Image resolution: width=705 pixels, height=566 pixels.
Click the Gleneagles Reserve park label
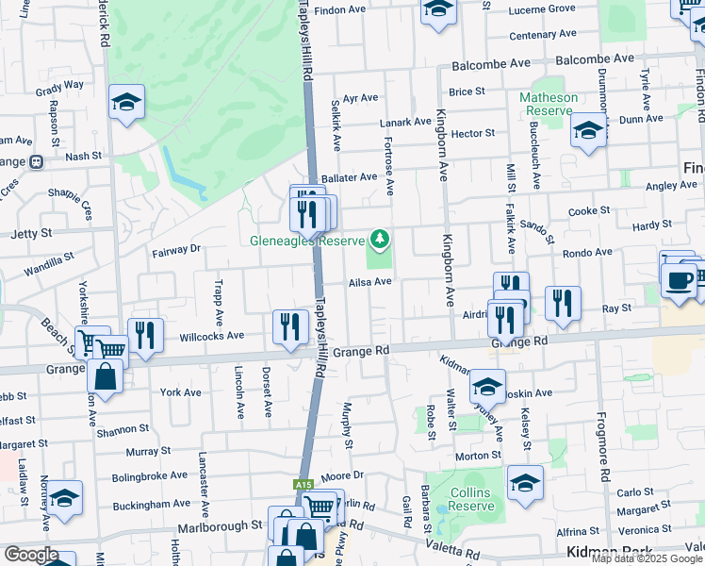click(x=306, y=240)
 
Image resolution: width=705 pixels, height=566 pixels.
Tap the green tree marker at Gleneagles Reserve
click(x=380, y=240)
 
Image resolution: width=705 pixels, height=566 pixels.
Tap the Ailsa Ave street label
click(x=369, y=282)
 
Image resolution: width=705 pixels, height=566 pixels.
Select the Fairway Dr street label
click(x=176, y=250)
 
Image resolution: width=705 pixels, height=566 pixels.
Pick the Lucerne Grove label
click(x=541, y=9)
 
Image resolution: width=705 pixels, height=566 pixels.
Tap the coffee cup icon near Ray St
click(x=680, y=280)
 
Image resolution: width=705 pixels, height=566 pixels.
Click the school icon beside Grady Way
click(x=125, y=103)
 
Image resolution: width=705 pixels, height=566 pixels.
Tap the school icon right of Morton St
click(x=525, y=483)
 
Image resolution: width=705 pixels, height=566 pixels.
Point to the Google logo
click(x=30, y=555)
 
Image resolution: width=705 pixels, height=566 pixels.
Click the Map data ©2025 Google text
click(x=648, y=558)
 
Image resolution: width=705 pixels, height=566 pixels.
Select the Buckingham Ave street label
click(x=153, y=505)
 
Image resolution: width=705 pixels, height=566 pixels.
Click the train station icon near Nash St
click(x=37, y=161)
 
